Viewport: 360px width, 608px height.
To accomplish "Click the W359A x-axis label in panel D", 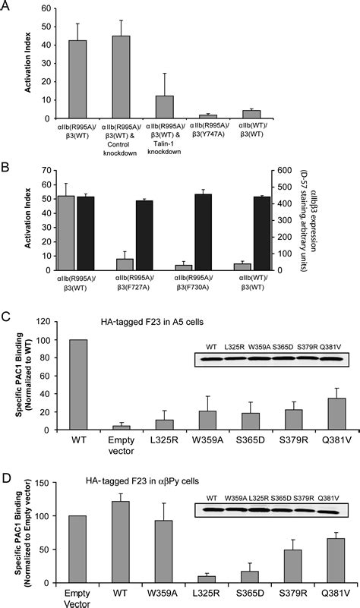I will (150, 593).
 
